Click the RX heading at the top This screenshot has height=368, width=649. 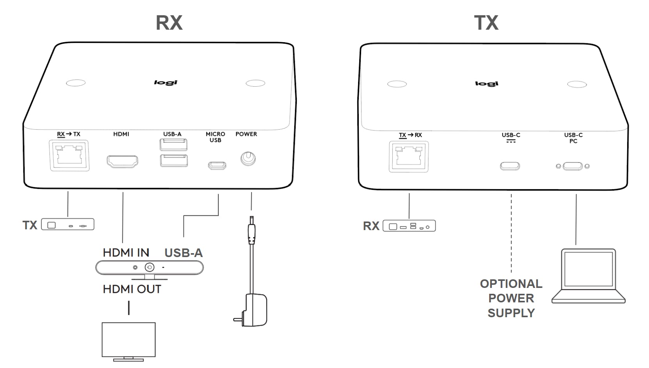(x=169, y=23)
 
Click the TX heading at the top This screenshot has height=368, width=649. (x=486, y=23)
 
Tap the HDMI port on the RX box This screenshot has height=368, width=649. (x=122, y=161)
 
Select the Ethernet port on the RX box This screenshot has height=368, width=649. (x=69, y=155)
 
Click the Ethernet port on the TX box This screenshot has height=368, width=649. (x=409, y=157)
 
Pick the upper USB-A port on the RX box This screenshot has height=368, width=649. (x=173, y=145)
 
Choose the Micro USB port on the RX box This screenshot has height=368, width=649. (x=217, y=165)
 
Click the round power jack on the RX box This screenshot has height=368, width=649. (x=248, y=159)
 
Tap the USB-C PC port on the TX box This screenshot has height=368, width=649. (x=573, y=166)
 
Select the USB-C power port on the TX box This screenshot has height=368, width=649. (x=510, y=166)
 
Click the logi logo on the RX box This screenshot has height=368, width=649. (x=166, y=82)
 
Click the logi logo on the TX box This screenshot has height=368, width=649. (x=487, y=84)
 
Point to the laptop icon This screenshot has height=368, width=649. (x=589, y=276)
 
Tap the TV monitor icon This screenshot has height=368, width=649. (x=129, y=340)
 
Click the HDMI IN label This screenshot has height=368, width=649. (x=126, y=253)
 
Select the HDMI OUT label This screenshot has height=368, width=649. (x=132, y=289)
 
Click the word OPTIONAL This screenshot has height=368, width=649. (x=511, y=284)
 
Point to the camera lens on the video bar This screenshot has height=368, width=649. (x=149, y=267)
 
